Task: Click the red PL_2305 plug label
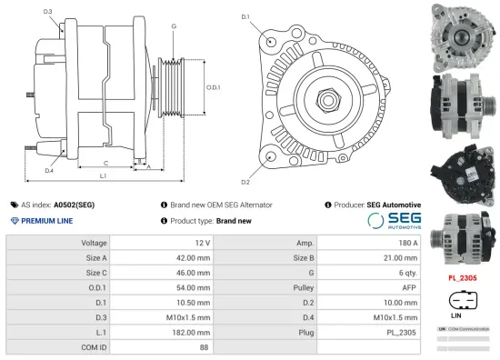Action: pyautogui.click(x=463, y=276)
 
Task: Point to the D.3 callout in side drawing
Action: pyautogui.click(x=48, y=12)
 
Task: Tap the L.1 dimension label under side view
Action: pyautogui.click(x=103, y=175)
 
